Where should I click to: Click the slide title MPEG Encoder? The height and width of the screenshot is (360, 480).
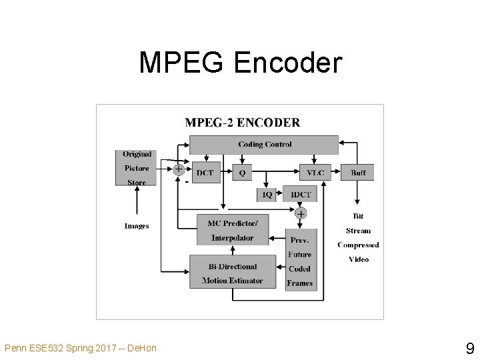click(x=240, y=63)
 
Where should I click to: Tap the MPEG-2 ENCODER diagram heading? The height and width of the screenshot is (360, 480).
click(x=242, y=123)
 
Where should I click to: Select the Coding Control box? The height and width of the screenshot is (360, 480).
click(x=264, y=145)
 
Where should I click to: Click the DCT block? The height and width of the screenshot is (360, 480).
click(x=205, y=173)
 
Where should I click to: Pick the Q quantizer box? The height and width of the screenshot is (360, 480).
click(x=241, y=173)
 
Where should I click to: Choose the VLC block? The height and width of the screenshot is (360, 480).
click(x=315, y=173)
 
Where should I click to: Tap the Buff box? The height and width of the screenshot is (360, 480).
click(x=358, y=173)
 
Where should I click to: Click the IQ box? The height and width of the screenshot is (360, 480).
click(x=266, y=194)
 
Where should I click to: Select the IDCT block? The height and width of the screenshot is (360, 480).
click(x=301, y=194)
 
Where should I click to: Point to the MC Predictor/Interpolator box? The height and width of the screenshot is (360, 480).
click(x=232, y=230)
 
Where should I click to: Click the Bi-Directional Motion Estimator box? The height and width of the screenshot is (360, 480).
click(x=232, y=273)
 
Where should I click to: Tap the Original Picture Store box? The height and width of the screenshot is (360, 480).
click(x=137, y=168)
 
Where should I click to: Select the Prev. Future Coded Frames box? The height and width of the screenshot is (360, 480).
click(x=300, y=261)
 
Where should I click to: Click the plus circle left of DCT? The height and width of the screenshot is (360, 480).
click(x=179, y=169)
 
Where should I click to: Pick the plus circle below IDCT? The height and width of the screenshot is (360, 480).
click(x=301, y=213)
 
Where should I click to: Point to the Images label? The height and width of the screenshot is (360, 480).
click(x=137, y=226)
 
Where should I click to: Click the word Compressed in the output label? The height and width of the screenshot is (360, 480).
click(x=358, y=245)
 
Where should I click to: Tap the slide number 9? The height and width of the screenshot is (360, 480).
click(x=469, y=347)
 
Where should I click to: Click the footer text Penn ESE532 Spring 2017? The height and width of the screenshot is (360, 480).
click(x=80, y=348)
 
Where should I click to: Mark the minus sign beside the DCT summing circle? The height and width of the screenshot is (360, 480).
click(x=187, y=181)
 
